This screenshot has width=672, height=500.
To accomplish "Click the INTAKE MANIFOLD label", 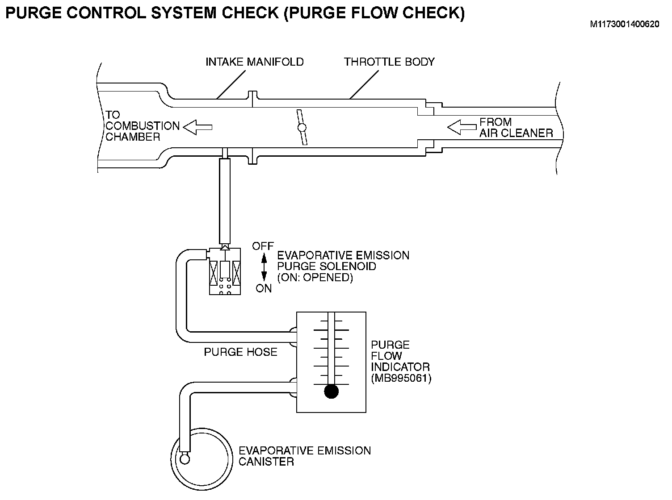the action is (x=255, y=62).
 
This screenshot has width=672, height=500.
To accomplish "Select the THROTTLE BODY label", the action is (x=389, y=62).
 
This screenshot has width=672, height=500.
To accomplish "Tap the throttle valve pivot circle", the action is (x=302, y=128).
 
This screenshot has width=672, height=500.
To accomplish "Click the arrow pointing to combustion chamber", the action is (x=198, y=127).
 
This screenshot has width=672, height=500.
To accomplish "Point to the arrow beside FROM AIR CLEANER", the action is (x=462, y=127).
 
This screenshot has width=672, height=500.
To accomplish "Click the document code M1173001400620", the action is (x=625, y=24).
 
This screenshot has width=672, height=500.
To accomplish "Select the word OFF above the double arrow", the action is (x=263, y=246).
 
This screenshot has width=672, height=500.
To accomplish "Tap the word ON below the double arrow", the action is (x=264, y=288).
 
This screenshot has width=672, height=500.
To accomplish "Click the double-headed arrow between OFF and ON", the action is (x=264, y=267).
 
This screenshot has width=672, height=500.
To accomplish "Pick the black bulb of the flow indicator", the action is (x=331, y=391).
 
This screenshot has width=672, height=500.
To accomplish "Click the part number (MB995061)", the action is (x=401, y=378).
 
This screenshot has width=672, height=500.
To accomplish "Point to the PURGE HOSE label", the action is (x=240, y=352).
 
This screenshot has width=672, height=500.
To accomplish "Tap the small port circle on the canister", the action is (x=185, y=459).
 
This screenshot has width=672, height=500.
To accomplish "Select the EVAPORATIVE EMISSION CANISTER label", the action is (x=305, y=456).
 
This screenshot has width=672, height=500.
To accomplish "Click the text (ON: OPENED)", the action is (x=315, y=277).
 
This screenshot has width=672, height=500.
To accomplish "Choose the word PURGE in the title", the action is (x=34, y=12).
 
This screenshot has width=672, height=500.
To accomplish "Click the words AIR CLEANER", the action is (x=516, y=133).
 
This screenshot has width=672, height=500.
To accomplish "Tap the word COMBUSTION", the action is (x=143, y=126).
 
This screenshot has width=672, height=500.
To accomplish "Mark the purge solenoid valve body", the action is (x=225, y=271).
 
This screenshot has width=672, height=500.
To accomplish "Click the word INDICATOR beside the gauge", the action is (x=400, y=367).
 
